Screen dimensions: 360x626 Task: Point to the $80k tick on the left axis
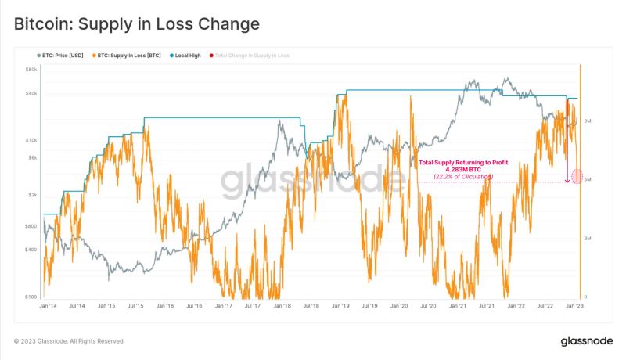(x=31, y=70)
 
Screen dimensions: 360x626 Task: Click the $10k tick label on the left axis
(x=31, y=140)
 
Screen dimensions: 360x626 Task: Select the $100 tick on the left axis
(x=31, y=297)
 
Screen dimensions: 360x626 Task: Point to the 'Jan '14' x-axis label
(x=49, y=306)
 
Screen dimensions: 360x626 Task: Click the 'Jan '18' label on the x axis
(x=282, y=306)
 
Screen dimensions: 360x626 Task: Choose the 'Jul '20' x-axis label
(x=427, y=306)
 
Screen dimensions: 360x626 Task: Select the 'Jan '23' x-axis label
(x=574, y=306)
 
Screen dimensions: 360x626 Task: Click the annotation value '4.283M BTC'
(x=463, y=170)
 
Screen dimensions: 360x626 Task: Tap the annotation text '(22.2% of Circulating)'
(x=463, y=178)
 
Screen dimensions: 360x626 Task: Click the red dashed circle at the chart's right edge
(x=577, y=176)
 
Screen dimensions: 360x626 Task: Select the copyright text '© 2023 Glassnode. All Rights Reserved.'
(x=70, y=341)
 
